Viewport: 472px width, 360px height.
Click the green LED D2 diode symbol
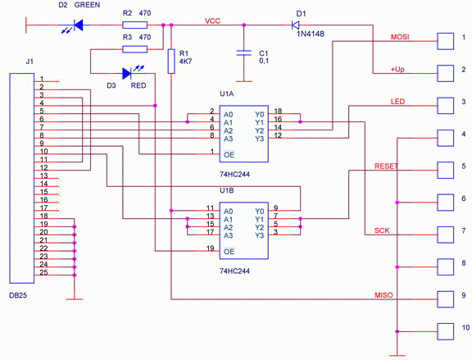(79, 25)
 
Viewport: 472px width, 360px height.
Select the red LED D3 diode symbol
(127, 73)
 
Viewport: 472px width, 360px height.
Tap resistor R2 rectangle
(135, 25)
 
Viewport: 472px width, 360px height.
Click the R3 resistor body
(135, 49)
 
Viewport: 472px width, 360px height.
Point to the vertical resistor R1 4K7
(171, 62)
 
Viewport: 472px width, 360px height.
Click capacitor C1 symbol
(244, 53)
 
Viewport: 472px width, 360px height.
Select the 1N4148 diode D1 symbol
(295, 25)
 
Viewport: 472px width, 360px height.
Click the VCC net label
(212, 21)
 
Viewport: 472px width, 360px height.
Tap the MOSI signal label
(400, 37)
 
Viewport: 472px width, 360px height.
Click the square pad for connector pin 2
(446, 73)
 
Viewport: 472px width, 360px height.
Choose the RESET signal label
(387, 166)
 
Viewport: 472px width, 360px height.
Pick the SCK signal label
(382, 230)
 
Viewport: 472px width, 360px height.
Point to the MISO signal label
(383, 295)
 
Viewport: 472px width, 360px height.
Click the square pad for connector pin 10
(446, 331)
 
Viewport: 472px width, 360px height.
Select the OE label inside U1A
(229, 154)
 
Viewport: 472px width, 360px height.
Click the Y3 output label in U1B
(260, 235)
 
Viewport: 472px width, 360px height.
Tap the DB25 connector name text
(18, 295)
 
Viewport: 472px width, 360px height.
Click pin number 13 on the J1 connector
(44, 175)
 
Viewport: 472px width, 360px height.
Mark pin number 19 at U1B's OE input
(211, 248)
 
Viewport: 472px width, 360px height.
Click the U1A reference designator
(227, 93)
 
